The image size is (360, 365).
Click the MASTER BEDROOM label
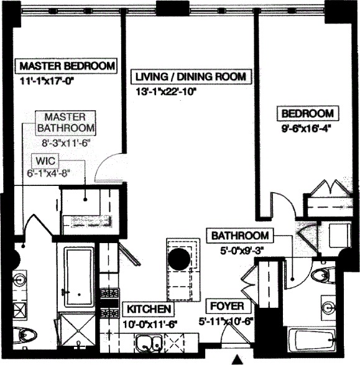67,66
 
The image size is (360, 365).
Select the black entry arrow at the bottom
236,359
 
